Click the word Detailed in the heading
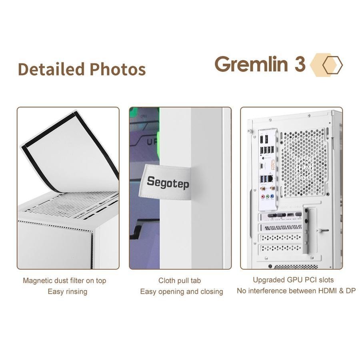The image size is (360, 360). (51, 69)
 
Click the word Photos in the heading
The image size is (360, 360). (118, 69)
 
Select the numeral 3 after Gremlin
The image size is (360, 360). (300, 64)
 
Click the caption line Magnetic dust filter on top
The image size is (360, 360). (64, 280)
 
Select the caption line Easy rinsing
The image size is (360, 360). (67, 291)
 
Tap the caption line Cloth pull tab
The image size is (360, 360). (180, 280)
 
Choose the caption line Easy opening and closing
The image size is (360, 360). (182, 291)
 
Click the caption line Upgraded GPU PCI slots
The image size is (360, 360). (293, 280)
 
